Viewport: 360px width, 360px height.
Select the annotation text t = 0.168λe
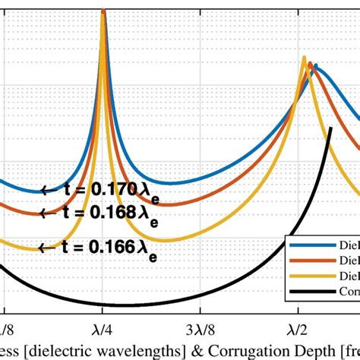(x=113, y=215)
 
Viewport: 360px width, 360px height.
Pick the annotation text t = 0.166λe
(x=113, y=248)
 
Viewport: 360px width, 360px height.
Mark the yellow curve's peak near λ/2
(x=304, y=58)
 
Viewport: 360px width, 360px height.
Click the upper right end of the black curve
(x=330, y=129)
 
